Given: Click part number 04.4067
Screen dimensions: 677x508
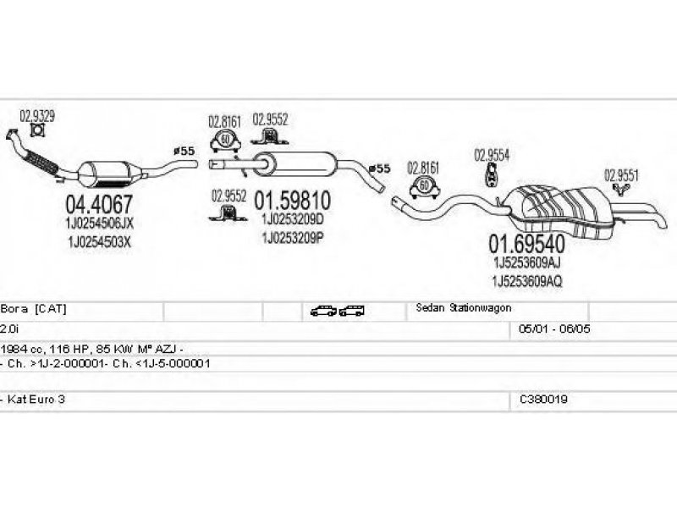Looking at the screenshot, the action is click(99, 204).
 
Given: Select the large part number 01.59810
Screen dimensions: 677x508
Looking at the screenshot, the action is click(292, 200).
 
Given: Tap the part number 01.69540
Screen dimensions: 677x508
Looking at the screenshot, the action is click(526, 244).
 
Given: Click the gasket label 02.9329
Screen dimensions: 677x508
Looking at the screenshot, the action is click(37, 116).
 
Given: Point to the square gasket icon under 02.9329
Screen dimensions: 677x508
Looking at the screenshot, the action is click(38, 130).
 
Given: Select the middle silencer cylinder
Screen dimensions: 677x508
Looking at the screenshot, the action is click(294, 163).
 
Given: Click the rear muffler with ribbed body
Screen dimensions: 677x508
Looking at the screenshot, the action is click(561, 212).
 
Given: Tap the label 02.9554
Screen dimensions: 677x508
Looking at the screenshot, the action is click(492, 155).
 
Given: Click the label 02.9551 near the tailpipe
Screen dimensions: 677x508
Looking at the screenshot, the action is click(621, 175).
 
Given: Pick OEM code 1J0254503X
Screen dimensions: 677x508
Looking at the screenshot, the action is click(99, 242).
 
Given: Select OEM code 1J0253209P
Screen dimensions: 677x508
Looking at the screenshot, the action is click(293, 238).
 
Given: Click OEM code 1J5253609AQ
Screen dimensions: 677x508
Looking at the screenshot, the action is click(527, 282).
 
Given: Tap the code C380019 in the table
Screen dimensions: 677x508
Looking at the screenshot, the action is click(543, 399).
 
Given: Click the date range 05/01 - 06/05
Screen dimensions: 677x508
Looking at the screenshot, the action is click(554, 329).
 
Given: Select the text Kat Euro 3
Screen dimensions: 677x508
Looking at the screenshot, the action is click(36, 399).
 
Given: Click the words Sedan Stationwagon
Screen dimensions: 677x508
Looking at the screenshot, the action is click(464, 308).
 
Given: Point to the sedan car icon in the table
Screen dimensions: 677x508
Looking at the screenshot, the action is click(323, 311).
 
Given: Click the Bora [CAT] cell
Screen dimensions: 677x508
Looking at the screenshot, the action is click(34, 309).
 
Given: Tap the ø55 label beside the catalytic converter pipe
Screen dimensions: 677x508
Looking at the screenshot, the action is click(184, 151).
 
